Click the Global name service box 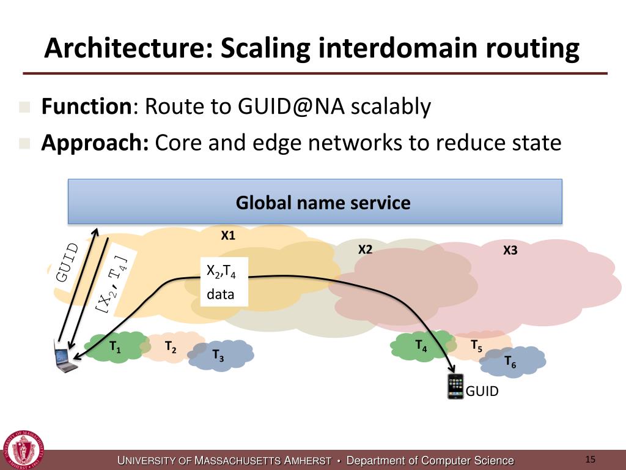(315, 201)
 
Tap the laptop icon (64, 360)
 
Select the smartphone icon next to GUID (455, 387)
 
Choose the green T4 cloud (421, 345)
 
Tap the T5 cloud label (476, 346)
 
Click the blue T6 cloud (511, 362)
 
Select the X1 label (228, 235)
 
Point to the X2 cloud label (365, 249)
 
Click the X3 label (510, 250)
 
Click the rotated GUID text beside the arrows (67, 262)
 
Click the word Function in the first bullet (86, 107)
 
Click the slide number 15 (590, 460)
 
